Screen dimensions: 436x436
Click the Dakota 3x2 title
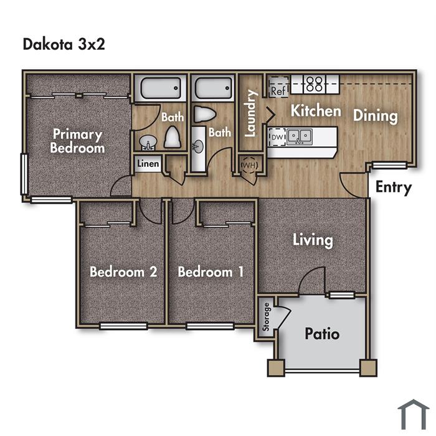pyautogui.click(x=64, y=44)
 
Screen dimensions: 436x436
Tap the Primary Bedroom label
pyautogui.click(x=77, y=141)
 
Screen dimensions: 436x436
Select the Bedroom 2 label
pyautogui.click(x=123, y=272)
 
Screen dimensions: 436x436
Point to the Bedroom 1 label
pyautogui.click(x=211, y=272)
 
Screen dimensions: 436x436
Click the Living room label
pyautogui.click(x=313, y=240)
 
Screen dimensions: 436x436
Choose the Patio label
pyautogui.click(x=322, y=333)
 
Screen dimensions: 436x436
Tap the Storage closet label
pyautogui.click(x=266, y=317)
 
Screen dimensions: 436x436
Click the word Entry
pyautogui.click(x=394, y=187)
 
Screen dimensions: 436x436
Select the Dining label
pyautogui.click(x=376, y=116)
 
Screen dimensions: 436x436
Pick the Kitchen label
pyautogui.click(x=316, y=111)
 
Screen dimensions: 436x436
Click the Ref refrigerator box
pyautogui.click(x=278, y=87)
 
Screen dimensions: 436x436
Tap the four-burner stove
pyautogui.click(x=315, y=84)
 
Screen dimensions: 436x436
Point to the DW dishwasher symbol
pyautogui.click(x=277, y=137)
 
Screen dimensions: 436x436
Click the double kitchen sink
pyautogui.click(x=300, y=136)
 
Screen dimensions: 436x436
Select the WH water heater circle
pyautogui.click(x=249, y=165)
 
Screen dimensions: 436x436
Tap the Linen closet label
pyautogui.click(x=148, y=164)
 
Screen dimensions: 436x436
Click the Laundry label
pyautogui.click(x=250, y=113)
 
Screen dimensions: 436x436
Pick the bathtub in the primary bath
pyautogui.click(x=161, y=88)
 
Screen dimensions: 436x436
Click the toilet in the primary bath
pyautogui.click(x=173, y=137)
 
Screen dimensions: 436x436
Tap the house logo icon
pyautogui.click(x=414, y=414)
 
